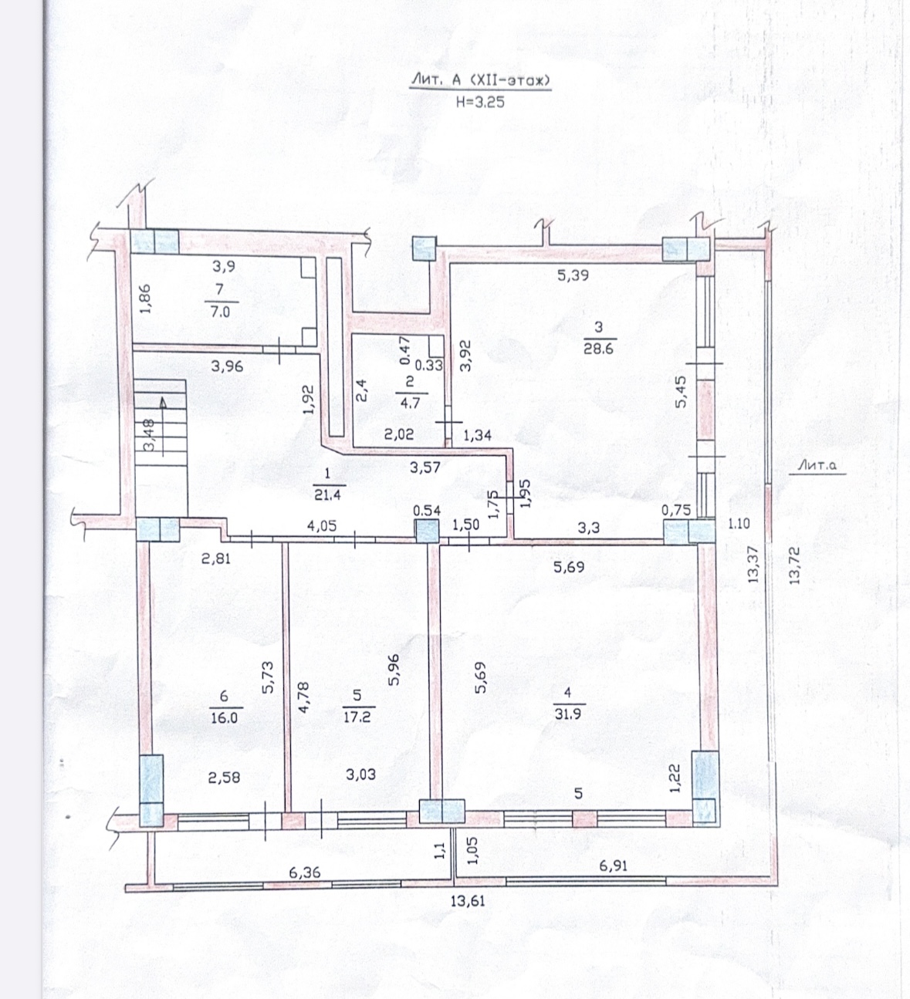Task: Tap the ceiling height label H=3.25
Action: [480, 102]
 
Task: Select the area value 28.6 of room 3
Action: [598, 348]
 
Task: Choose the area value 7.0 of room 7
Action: [220, 312]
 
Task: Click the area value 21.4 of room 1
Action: [327, 494]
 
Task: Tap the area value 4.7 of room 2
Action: [410, 403]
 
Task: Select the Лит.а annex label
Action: [817, 466]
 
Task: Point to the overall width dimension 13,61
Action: [468, 901]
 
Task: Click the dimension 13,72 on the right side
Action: [794, 565]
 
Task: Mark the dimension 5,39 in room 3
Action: [573, 275]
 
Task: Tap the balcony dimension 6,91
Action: [613, 866]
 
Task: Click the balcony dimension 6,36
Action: [305, 872]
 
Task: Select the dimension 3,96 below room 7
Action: [227, 366]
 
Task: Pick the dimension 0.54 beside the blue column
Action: [427, 510]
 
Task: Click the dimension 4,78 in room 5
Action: [303, 697]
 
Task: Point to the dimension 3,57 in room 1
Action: [425, 467]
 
